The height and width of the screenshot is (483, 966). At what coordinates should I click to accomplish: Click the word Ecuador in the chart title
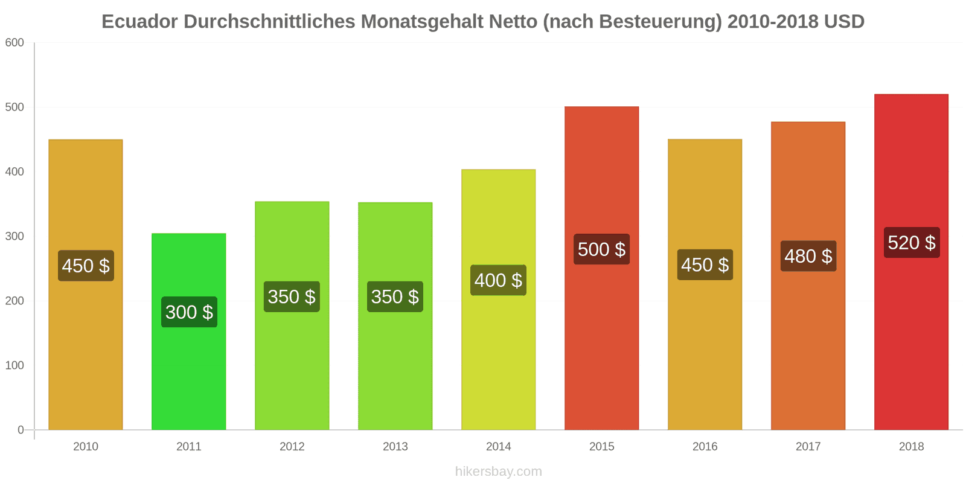139,22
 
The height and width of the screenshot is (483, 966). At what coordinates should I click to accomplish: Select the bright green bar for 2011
189,331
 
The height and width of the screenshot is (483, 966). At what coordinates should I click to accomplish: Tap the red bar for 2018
911,262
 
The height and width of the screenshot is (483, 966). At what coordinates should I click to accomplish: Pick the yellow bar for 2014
499,299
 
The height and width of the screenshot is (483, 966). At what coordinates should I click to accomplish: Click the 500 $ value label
601,249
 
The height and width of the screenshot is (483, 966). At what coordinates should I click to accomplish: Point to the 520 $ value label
912,242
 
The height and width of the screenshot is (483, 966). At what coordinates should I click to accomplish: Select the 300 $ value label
190,312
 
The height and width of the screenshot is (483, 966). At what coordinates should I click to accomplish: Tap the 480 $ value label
808,256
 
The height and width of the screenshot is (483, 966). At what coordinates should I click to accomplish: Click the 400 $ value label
498,280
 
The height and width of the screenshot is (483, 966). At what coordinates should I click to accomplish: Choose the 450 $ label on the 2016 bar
705,265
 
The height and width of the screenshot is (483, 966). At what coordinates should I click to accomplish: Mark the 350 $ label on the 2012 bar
292,296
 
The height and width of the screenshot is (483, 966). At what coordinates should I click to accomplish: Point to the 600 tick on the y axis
14,42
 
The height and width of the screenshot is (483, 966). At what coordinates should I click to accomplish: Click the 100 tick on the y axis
14,365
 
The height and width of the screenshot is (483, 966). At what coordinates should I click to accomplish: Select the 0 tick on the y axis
21,430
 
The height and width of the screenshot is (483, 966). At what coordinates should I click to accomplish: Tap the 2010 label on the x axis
85,446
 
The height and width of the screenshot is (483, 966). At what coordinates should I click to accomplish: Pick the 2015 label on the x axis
601,446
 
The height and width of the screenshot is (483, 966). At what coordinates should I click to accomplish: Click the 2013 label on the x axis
395,446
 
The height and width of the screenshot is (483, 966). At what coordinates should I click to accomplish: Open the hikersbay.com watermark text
499,472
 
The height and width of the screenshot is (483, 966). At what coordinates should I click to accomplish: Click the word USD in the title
844,22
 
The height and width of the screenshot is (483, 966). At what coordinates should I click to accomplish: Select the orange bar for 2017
808,275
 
